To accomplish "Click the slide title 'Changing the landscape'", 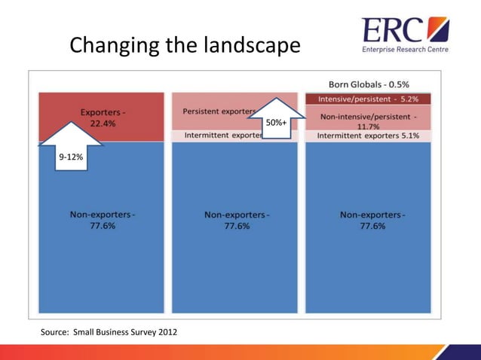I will tap(185, 47).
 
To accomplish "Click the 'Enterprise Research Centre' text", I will tap(406, 50).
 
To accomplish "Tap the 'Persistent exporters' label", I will tap(219, 111).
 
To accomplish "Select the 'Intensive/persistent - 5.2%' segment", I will tap(368, 99).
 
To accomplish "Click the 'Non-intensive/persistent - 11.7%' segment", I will tap(368, 121).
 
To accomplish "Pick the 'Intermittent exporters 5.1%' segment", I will tap(368, 136).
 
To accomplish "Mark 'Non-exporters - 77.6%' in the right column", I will tap(372, 220).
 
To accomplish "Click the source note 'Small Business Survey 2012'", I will tap(109, 332).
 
